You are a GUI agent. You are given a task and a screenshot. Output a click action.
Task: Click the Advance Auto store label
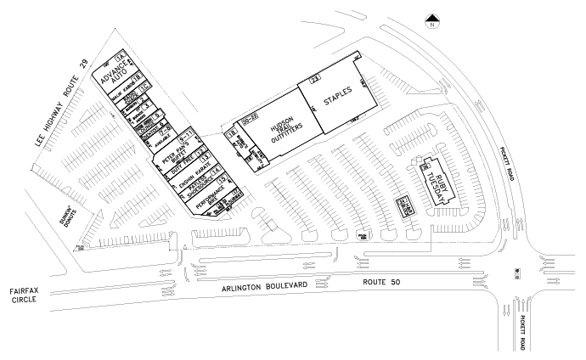coord(113,77)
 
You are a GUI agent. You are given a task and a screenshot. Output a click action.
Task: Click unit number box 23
coord(314,80)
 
